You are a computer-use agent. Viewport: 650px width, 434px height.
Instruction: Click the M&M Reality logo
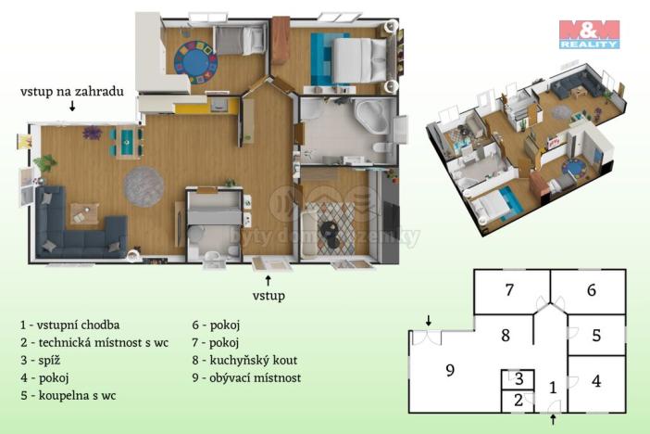click(589, 33)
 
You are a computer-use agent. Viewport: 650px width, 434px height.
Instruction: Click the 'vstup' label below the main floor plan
click(269, 295)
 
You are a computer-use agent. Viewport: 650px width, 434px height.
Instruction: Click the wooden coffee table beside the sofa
click(85, 212)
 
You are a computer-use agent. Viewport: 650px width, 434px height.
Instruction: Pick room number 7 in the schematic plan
click(509, 289)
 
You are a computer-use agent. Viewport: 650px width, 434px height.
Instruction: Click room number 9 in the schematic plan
click(449, 370)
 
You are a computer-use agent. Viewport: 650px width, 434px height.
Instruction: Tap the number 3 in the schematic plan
click(519, 379)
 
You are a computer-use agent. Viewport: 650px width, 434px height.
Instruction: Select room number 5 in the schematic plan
click(596, 336)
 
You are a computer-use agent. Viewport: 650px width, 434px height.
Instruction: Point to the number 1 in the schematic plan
click(553, 388)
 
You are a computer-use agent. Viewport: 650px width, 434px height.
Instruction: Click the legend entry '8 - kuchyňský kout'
click(245, 361)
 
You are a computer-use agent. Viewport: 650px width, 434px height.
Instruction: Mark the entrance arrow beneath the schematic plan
click(554, 420)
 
